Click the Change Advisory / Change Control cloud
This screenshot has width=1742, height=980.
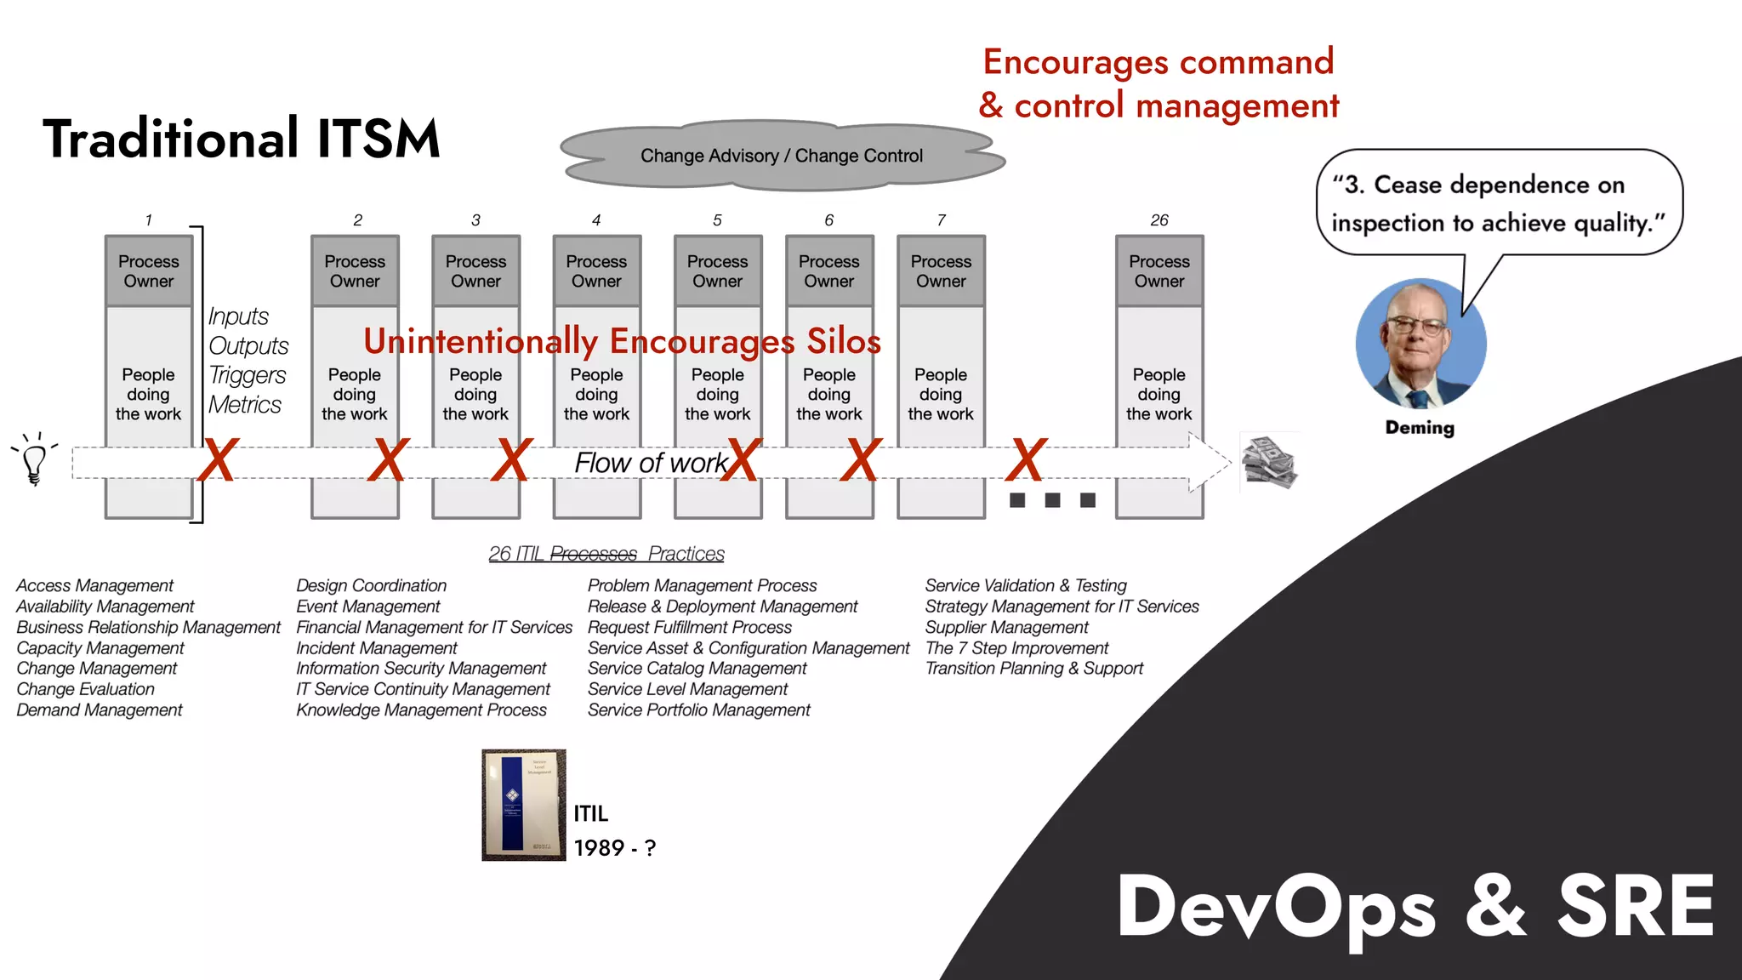click(x=781, y=156)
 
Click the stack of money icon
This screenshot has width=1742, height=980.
click(x=1268, y=463)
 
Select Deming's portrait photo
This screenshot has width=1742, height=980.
click(x=1420, y=344)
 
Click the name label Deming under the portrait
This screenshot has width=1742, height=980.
click(x=1420, y=427)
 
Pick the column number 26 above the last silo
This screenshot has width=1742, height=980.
click(x=1159, y=220)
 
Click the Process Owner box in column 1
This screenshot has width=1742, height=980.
click(x=149, y=271)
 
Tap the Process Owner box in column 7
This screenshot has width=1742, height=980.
click(x=941, y=271)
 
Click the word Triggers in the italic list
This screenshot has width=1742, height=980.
click(x=247, y=375)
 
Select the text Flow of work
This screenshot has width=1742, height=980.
click(x=651, y=463)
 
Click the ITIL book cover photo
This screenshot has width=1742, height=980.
click(x=523, y=805)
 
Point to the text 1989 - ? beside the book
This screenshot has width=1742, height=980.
click(x=614, y=848)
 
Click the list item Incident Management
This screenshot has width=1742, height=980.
click(x=377, y=648)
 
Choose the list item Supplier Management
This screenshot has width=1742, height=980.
click(x=1006, y=627)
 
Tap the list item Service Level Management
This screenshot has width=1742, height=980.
click(x=687, y=689)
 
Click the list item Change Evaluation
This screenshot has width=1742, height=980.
click(x=85, y=689)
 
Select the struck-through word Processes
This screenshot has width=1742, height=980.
click(x=593, y=554)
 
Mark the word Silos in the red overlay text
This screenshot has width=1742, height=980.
click(x=843, y=341)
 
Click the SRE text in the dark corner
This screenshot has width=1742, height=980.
click(x=1635, y=907)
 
